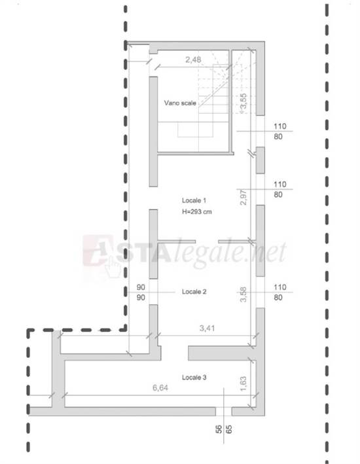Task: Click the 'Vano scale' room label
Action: point(179,103)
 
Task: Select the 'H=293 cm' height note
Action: point(197,212)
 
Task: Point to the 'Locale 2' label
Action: point(194,292)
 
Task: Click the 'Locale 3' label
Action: point(194,378)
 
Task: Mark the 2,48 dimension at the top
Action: point(192,60)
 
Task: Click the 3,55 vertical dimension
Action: point(243,103)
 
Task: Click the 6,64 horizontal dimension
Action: point(160,388)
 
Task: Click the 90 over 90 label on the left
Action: point(141,292)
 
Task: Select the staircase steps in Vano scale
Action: point(213,98)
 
